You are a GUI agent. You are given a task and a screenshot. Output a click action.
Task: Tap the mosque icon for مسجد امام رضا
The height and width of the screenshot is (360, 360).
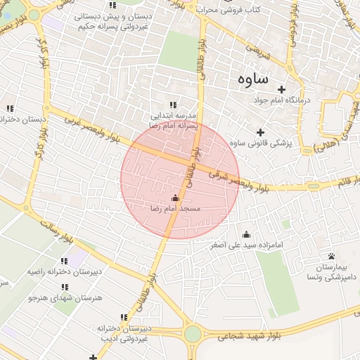click(x=175, y=198)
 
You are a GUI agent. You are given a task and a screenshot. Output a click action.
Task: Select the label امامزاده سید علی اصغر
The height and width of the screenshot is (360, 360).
click(x=245, y=245)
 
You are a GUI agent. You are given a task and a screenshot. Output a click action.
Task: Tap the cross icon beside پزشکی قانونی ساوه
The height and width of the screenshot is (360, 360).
click(x=260, y=132)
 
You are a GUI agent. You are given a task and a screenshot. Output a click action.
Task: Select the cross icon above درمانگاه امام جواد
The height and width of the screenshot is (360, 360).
click(x=282, y=89)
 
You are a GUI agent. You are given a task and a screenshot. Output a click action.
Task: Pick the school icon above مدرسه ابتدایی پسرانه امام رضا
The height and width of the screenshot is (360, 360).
click(x=173, y=105)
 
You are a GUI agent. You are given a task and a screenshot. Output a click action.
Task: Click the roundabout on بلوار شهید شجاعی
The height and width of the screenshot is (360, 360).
click(x=194, y=333)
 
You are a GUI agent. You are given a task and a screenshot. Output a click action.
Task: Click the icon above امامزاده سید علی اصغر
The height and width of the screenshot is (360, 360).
click(x=246, y=235)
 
